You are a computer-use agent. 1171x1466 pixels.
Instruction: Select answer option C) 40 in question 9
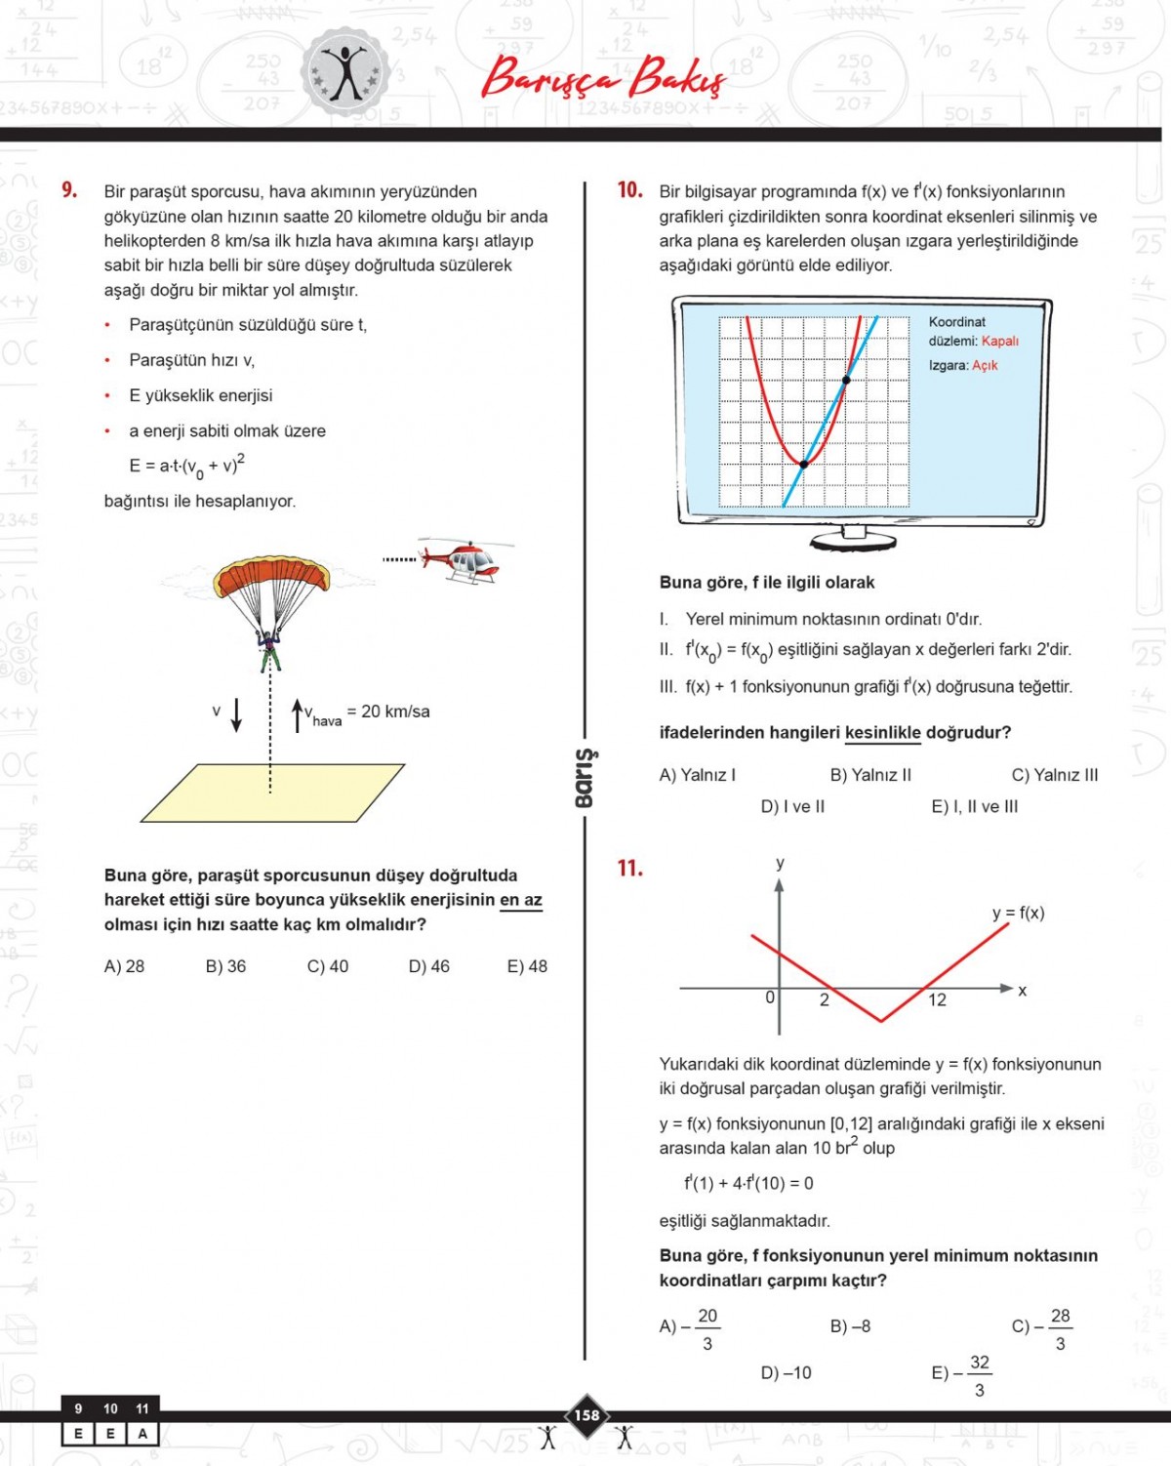[x=327, y=966]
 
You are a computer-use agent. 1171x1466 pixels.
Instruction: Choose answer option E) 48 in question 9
[x=527, y=966]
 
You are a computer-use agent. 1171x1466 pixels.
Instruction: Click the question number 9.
[x=69, y=190]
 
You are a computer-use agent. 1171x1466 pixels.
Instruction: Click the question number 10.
[x=629, y=190]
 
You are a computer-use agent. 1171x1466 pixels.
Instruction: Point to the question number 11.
[x=629, y=868]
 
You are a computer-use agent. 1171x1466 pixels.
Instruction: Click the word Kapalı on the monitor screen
[x=999, y=341]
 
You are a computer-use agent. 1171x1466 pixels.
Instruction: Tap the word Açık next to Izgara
[x=985, y=365]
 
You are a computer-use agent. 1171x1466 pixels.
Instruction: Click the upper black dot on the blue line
[x=846, y=380]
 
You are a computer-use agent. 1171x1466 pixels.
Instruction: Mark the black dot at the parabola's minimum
[x=804, y=465]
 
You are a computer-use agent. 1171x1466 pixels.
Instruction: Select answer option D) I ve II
[x=792, y=806]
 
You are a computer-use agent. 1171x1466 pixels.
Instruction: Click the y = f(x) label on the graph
[x=1018, y=913]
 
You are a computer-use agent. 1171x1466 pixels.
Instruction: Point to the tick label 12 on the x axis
[x=937, y=999]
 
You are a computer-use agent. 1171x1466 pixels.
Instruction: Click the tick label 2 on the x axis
[x=825, y=999]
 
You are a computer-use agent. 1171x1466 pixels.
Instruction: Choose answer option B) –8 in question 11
[x=850, y=1326]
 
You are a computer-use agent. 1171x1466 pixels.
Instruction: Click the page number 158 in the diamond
[x=586, y=1415]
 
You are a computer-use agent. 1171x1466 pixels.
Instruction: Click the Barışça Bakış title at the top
[x=603, y=78]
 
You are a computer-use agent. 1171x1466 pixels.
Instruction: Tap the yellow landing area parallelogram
[x=273, y=793]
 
